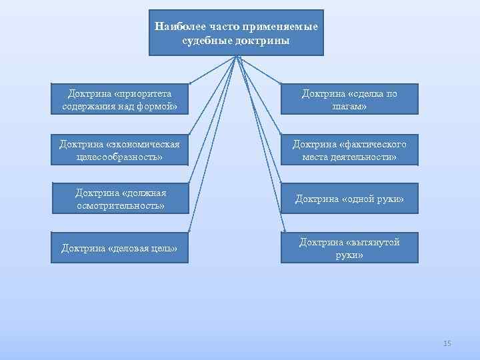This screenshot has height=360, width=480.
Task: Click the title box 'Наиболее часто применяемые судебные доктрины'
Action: [x=236, y=33]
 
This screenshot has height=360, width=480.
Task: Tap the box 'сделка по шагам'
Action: [x=349, y=99]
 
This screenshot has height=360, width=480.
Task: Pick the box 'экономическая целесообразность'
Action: [x=120, y=150]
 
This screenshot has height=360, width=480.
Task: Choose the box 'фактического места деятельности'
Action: [x=349, y=150]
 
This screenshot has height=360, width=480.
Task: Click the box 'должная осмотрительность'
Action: [x=120, y=199]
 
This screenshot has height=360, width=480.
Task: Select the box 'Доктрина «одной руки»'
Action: [x=349, y=199]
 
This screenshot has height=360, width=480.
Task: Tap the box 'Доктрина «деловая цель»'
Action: [x=120, y=248]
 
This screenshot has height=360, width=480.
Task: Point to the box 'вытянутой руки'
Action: [x=349, y=248]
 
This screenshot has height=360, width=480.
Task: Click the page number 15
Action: [x=447, y=343]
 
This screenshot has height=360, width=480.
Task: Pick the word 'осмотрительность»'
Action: [x=120, y=205]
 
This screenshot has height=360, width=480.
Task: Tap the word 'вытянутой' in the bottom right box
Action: [x=377, y=242]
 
